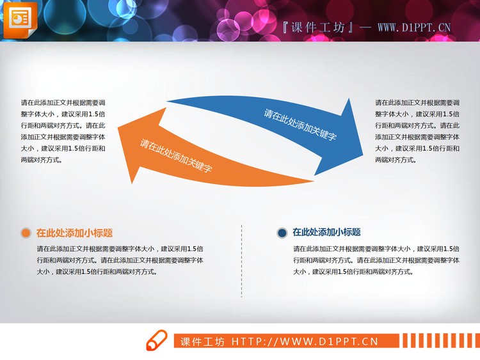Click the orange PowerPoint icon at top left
[21, 19]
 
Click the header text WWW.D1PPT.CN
[414, 27]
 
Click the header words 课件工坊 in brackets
[318, 27]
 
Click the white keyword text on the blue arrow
[300, 125]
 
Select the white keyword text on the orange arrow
[176, 157]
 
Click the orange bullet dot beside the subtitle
[26, 233]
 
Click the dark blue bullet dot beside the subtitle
[282, 233]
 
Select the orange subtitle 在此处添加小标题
[74, 233]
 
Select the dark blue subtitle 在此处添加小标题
[326, 233]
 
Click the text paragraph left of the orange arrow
[63, 131]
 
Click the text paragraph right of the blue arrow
[417, 131]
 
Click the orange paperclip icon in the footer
[156, 341]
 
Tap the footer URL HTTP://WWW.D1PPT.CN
[305, 342]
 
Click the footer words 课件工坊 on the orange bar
[202, 342]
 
